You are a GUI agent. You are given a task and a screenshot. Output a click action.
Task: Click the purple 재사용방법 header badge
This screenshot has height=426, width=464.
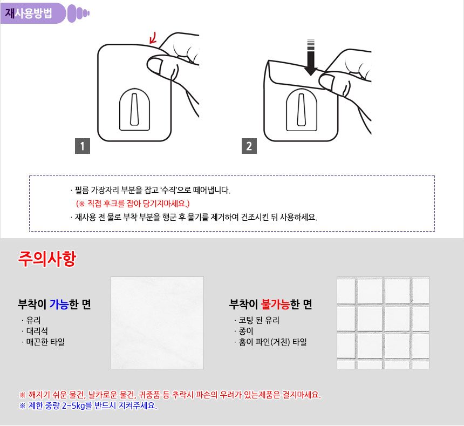pyautogui.click(x=32, y=13)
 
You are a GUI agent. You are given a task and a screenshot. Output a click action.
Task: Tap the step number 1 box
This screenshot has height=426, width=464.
pyautogui.click(x=82, y=146)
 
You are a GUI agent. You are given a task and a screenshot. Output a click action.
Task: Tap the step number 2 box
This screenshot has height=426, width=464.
pyautogui.click(x=249, y=146)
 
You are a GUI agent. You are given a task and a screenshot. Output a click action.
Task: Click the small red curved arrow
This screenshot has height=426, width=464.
pyautogui.click(x=153, y=38)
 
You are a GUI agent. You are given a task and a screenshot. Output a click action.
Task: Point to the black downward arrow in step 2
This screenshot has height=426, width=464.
pyautogui.click(x=311, y=57)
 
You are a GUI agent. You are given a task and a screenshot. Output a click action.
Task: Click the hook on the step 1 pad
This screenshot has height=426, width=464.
pyautogui.click(x=135, y=110)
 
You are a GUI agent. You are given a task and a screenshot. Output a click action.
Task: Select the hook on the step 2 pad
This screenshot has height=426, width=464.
pyautogui.click(x=302, y=110)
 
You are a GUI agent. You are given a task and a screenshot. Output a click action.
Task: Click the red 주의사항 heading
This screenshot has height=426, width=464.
pyautogui.click(x=47, y=259)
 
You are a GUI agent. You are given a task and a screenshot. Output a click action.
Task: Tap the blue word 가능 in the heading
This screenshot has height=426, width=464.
pyautogui.click(x=59, y=305)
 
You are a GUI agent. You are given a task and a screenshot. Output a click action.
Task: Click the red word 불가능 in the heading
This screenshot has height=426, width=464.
pyautogui.click(x=275, y=305)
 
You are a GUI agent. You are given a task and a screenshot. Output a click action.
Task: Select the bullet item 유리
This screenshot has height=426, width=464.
pyautogui.click(x=33, y=320)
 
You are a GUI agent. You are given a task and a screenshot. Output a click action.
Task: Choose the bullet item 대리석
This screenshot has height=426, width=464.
pyautogui.click(x=37, y=331)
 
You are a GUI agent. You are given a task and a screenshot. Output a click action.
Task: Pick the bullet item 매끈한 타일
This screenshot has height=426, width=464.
pyautogui.click(x=45, y=342)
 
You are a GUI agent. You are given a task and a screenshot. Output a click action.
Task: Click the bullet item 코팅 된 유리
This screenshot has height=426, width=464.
pyautogui.click(x=259, y=320)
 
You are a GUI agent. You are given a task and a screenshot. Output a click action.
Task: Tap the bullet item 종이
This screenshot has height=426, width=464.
pyautogui.click(x=246, y=331)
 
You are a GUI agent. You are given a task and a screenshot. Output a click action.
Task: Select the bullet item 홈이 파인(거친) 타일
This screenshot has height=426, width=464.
pyautogui.click(x=272, y=342)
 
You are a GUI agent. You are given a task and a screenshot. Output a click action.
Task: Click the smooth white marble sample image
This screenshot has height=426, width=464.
pyautogui.click(x=157, y=323)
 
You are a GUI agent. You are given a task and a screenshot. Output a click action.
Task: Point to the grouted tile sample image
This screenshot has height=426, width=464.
pyautogui.click(x=383, y=323)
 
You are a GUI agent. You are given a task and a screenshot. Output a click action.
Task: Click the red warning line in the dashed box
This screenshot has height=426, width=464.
pyautogui.click(x=133, y=204)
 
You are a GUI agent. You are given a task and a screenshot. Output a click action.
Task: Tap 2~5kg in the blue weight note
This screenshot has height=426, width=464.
pyautogui.click(x=74, y=405)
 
